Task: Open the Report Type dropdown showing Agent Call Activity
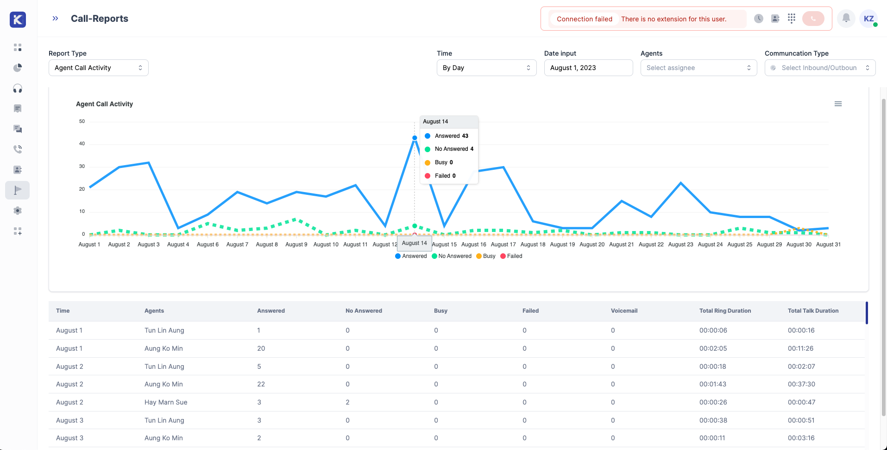(x=98, y=68)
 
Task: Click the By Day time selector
(x=486, y=68)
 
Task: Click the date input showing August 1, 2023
(x=588, y=68)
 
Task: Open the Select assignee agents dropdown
(x=698, y=68)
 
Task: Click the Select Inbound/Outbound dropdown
(x=820, y=68)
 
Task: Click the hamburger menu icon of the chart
(x=838, y=104)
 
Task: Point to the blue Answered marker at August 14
(x=415, y=138)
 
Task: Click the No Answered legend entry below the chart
(x=452, y=256)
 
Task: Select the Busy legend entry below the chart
(x=486, y=256)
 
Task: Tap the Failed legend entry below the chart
(x=511, y=256)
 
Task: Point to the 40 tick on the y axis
(x=82, y=144)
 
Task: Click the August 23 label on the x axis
(x=680, y=244)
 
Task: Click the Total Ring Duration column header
(x=725, y=311)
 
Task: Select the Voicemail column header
(x=624, y=311)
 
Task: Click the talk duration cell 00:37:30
(x=801, y=384)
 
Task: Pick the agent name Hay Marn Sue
(x=166, y=402)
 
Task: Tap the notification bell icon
(x=846, y=19)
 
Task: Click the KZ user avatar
(x=868, y=19)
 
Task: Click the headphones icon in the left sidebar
(x=18, y=88)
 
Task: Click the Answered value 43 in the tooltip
(x=465, y=136)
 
